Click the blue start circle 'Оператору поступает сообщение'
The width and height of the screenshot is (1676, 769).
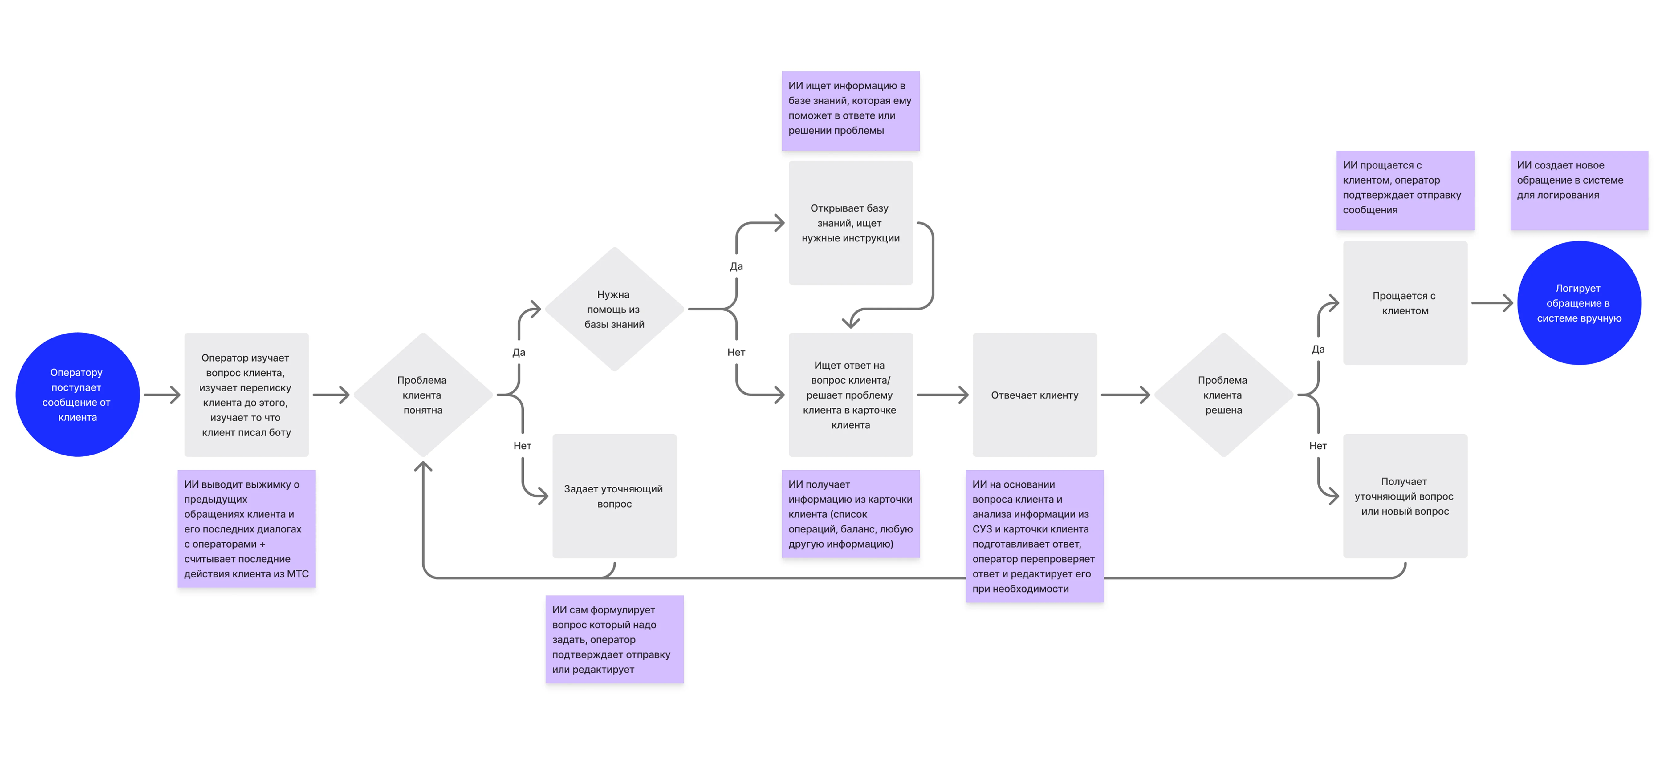click(x=77, y=394)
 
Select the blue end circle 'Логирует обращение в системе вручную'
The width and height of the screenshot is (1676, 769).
click(x=1579, y=302)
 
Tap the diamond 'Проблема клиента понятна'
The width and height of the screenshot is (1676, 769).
click(x=423, y=394)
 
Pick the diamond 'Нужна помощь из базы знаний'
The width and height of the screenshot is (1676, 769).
click(x=614, y=309)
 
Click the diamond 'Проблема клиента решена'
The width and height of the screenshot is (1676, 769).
click(x=1223, y=394)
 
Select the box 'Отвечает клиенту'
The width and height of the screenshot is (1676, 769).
click(x=1035, y=394)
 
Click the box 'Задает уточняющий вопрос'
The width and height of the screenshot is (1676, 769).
click(x=614, y=496)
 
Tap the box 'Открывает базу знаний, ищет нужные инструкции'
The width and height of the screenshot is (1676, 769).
click(x=850, y=222)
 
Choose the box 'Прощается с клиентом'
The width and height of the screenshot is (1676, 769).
click(x=1405, y=302)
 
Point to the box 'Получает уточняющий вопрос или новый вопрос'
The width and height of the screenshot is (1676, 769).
click(x=1405, y=496)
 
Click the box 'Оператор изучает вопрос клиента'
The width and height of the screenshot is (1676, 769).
click(x=246, y=394)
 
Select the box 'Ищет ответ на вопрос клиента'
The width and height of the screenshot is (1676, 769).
click(x=850, y=394)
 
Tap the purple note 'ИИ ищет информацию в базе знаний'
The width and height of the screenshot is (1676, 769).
click(x=850, y=111)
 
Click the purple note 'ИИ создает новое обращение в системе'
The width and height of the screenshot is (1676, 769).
click(x=1579, y=190)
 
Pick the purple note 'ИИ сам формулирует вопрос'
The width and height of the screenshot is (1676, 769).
click(x=614, y=639)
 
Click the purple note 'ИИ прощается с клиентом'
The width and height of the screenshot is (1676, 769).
click(x=1405, y=190)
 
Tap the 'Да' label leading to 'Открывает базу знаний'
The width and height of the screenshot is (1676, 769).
click(x=736, y=266)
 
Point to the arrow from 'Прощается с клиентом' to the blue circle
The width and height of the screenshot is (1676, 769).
click(x=1492, y=302)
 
